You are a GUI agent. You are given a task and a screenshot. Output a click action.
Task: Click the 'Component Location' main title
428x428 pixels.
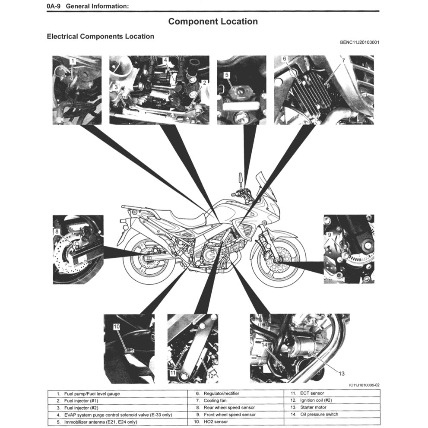click(x=213, y=21)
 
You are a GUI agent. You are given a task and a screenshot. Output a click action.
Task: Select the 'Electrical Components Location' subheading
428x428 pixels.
click(x=100, y=37)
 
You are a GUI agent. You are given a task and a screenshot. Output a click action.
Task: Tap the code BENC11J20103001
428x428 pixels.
click(x=360, y=42)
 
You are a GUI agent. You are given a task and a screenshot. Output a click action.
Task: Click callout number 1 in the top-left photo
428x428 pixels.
click(x=73, y=61)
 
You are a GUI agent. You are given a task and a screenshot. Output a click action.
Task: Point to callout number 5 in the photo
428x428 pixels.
click(x=227, y=75)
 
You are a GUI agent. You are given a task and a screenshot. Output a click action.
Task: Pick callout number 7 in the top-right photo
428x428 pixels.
click(x=343, y=61)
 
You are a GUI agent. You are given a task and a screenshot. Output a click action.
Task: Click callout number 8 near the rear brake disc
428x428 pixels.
click(x=57, y=231)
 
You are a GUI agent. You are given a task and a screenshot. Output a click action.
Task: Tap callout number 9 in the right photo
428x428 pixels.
click(x=329, y=235)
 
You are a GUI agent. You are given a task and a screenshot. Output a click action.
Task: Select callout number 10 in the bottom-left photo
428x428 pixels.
click(x=116, y=327)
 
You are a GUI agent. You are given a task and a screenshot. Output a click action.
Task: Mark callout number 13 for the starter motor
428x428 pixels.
click(x=341, y=373)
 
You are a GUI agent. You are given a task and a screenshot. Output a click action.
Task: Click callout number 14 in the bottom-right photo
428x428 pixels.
click(x=265, y=344)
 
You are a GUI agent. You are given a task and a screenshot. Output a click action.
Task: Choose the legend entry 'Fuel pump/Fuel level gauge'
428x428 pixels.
click(x=92, y=394)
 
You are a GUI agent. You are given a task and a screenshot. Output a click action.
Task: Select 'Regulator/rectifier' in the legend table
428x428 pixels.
click(x=221, y=394)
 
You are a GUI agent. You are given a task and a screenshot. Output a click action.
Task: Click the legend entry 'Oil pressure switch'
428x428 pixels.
click(x=319, y=415)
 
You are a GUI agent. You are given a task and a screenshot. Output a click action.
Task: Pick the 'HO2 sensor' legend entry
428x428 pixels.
click(x=216, y=422)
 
